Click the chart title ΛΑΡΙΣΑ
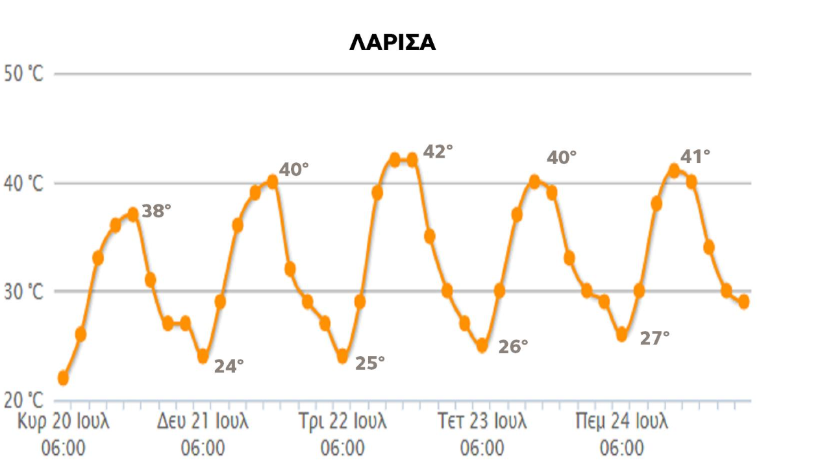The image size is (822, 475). tap(392, 43)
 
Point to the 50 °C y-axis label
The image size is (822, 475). tap(23, 73)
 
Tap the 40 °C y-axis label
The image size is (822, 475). tap(23, 184)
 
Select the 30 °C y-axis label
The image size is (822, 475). tap(23, 292)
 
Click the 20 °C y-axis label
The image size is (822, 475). tap(23, 400)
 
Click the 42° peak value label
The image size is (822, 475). tap(438, 151)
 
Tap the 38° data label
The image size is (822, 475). tap(156, 211)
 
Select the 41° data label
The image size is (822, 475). tap(695, 156)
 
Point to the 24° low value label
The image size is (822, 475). tap(229, 366)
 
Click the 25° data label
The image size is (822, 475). tap(369, 363)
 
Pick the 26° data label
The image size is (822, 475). tap(513, 347)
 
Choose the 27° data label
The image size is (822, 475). tap(654, 338)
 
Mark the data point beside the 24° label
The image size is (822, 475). tap(203, 356)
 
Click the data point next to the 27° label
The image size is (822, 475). tap(622, 335)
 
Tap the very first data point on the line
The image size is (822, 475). tap(63, 378)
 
